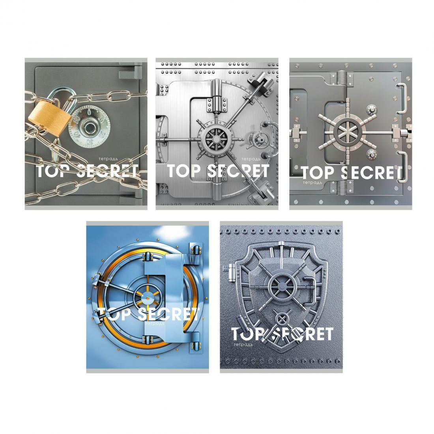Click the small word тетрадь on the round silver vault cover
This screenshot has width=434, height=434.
point(251,159)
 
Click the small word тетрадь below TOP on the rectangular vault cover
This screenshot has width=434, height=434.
point(312,183)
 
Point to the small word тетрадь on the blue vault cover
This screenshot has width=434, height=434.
point(155,323)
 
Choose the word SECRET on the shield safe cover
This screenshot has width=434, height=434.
point(302,334)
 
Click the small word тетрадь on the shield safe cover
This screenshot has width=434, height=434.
point(243,345)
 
